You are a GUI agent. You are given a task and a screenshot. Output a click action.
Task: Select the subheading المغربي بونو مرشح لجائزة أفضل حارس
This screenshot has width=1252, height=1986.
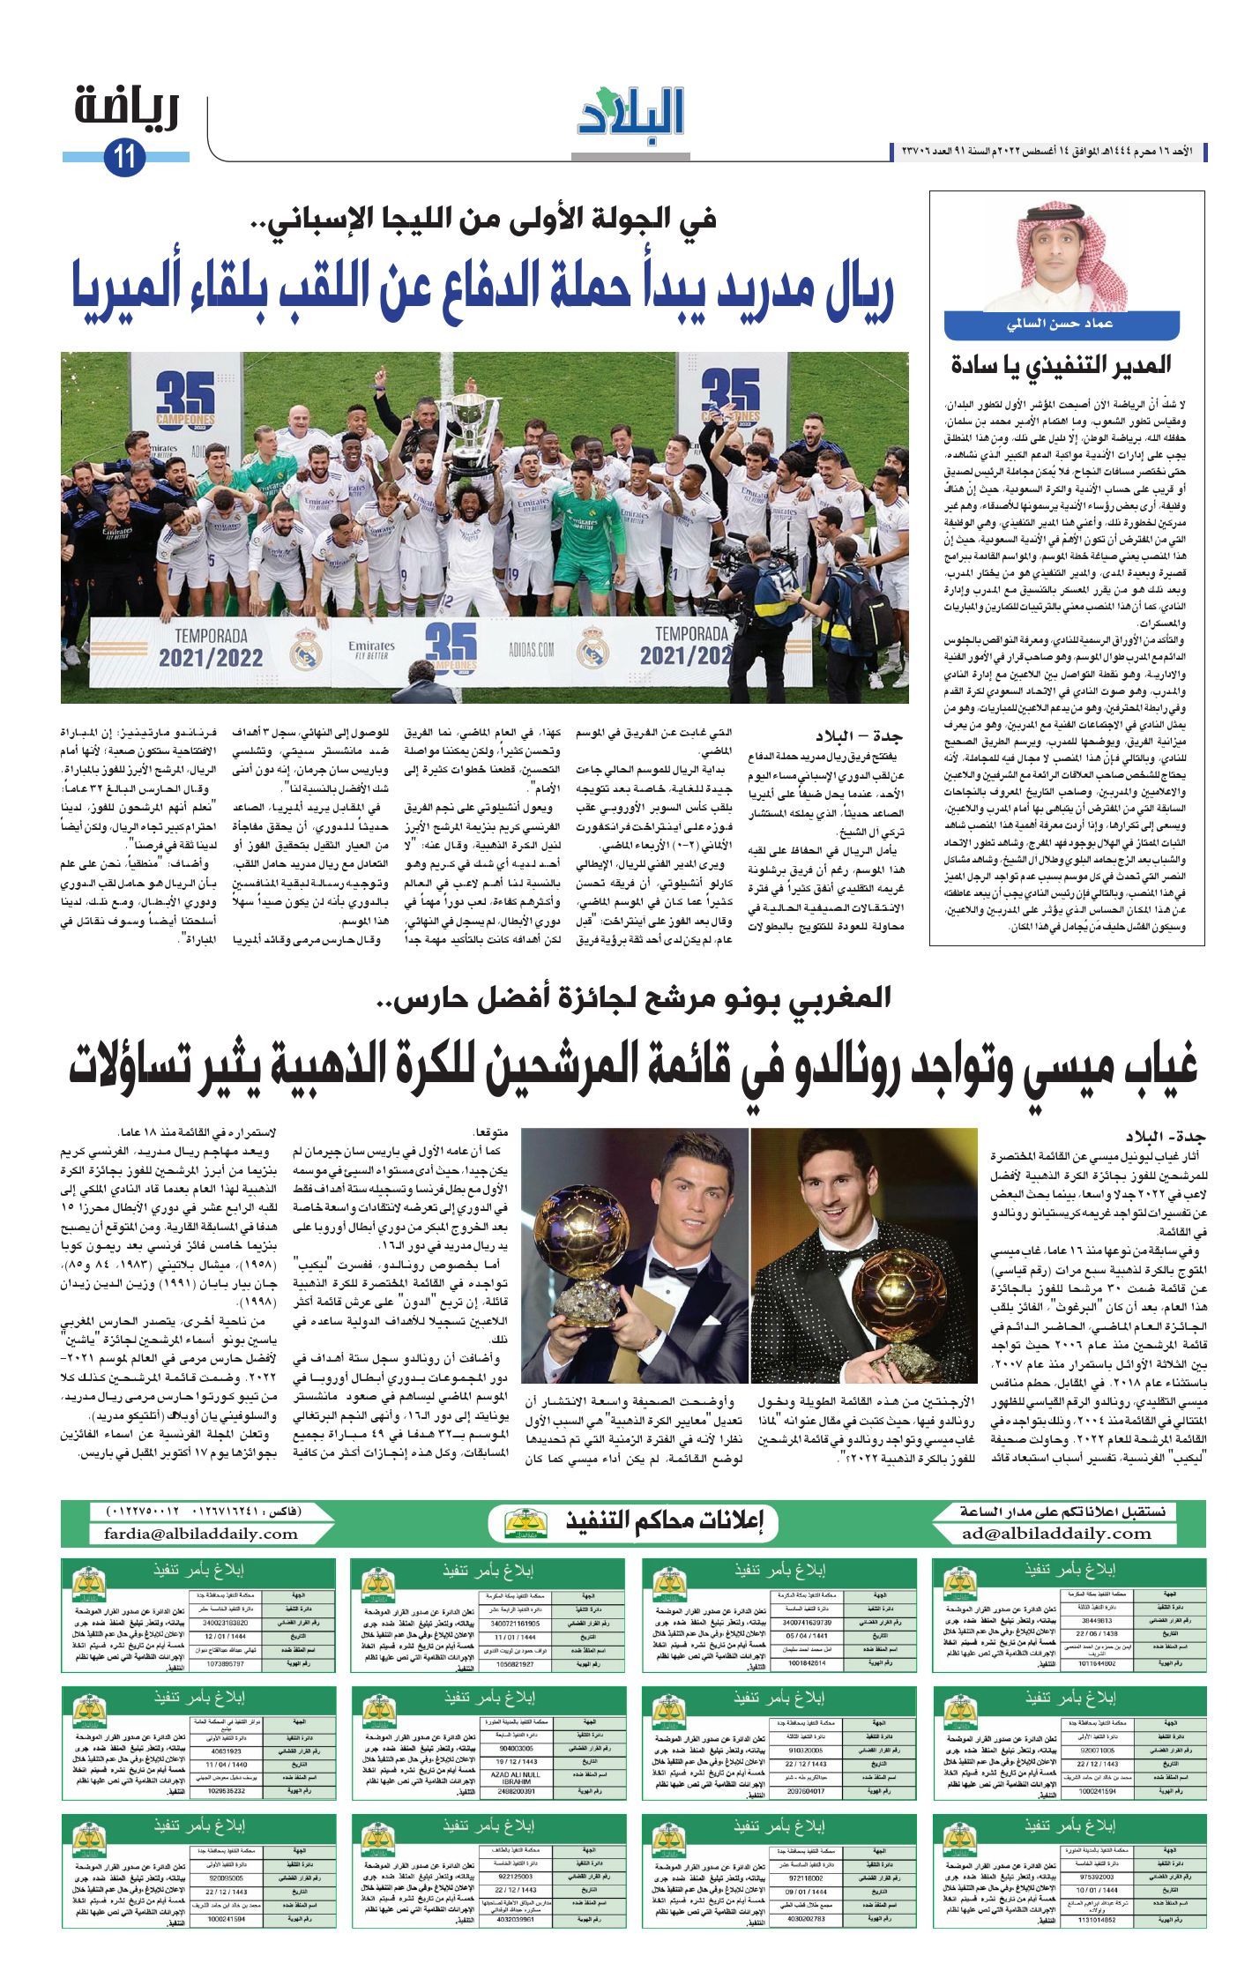(634, 999)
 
